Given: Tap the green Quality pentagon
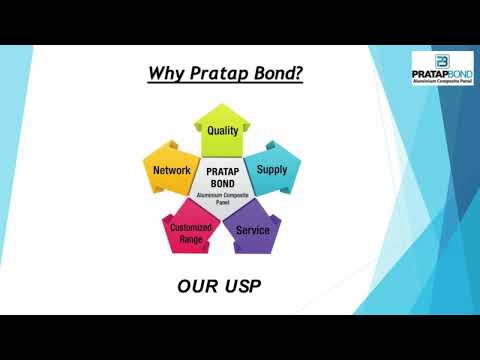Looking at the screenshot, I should pos(223,129).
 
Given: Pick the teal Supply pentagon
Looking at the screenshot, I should pos(271,170).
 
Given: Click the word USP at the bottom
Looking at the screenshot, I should pos(244,288).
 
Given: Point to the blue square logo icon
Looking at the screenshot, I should pos(422,60).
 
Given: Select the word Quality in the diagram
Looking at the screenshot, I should pos(222,131).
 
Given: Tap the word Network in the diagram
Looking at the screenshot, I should pos(172,171).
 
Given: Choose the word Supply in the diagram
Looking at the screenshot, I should pos(271,169).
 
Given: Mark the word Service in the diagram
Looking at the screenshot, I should pos(251,230).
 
